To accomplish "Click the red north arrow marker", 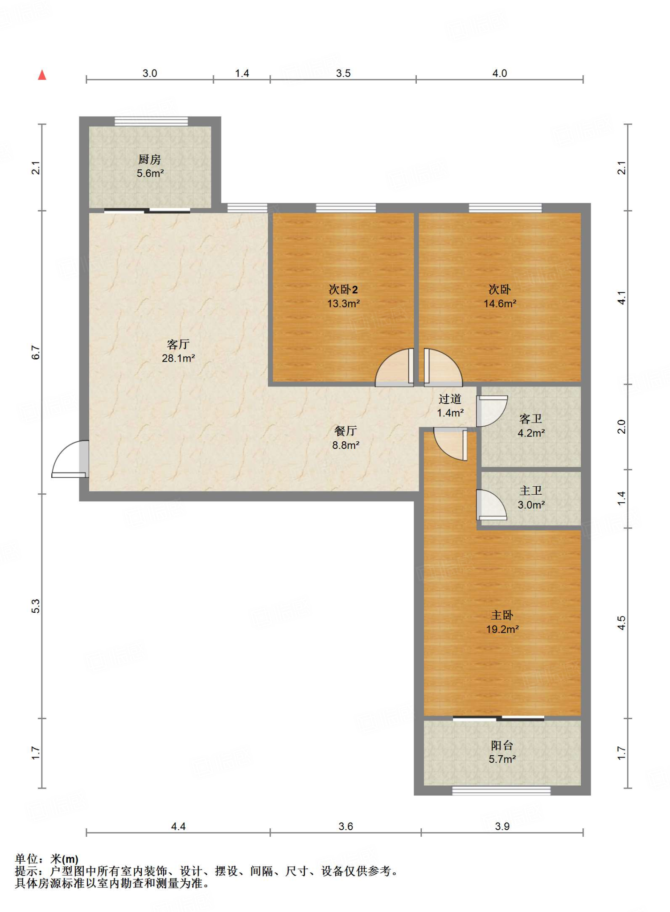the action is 42,75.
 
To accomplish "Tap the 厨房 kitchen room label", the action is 150,159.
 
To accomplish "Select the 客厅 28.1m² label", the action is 178,351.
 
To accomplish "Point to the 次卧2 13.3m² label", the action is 343,296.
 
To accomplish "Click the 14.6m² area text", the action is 500,303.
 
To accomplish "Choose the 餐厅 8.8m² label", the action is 345,437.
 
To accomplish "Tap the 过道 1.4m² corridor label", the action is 450,406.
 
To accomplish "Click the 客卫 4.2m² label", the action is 531,425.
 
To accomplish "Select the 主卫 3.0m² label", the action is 531,497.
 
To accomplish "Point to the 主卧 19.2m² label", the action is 502,622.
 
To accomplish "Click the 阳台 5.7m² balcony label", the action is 502,752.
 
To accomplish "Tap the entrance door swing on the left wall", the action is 70,459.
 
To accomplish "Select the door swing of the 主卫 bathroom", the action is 492,505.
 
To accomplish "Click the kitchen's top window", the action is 151,121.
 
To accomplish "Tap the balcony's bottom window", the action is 501,790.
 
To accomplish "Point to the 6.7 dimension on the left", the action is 36,352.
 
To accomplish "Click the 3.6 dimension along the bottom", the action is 345,826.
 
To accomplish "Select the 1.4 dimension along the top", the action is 242,73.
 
